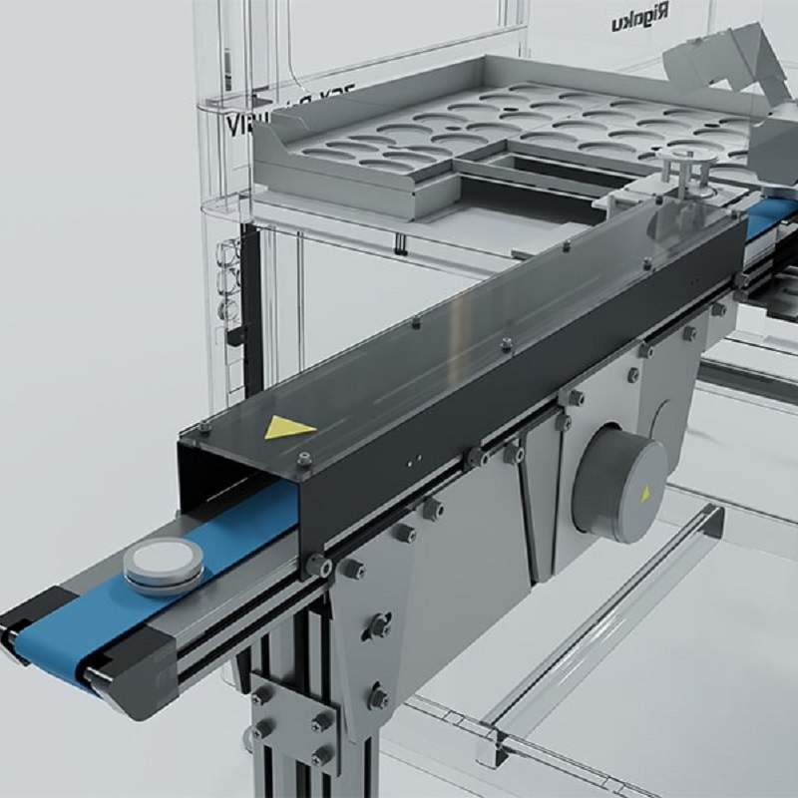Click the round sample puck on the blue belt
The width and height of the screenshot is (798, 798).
coord(164,568)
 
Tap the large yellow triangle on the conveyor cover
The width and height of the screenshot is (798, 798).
coord(287,428)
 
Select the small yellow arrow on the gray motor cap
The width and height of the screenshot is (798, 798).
coord(645,491)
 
